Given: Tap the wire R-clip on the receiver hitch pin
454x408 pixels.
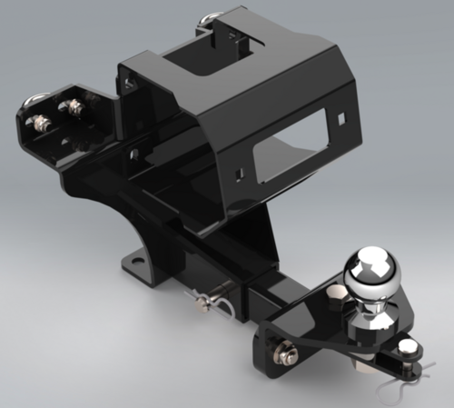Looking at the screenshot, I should point(227,309).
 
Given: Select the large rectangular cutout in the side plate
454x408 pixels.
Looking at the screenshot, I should point(288,151).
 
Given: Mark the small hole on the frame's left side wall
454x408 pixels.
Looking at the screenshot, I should point(133,155).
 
